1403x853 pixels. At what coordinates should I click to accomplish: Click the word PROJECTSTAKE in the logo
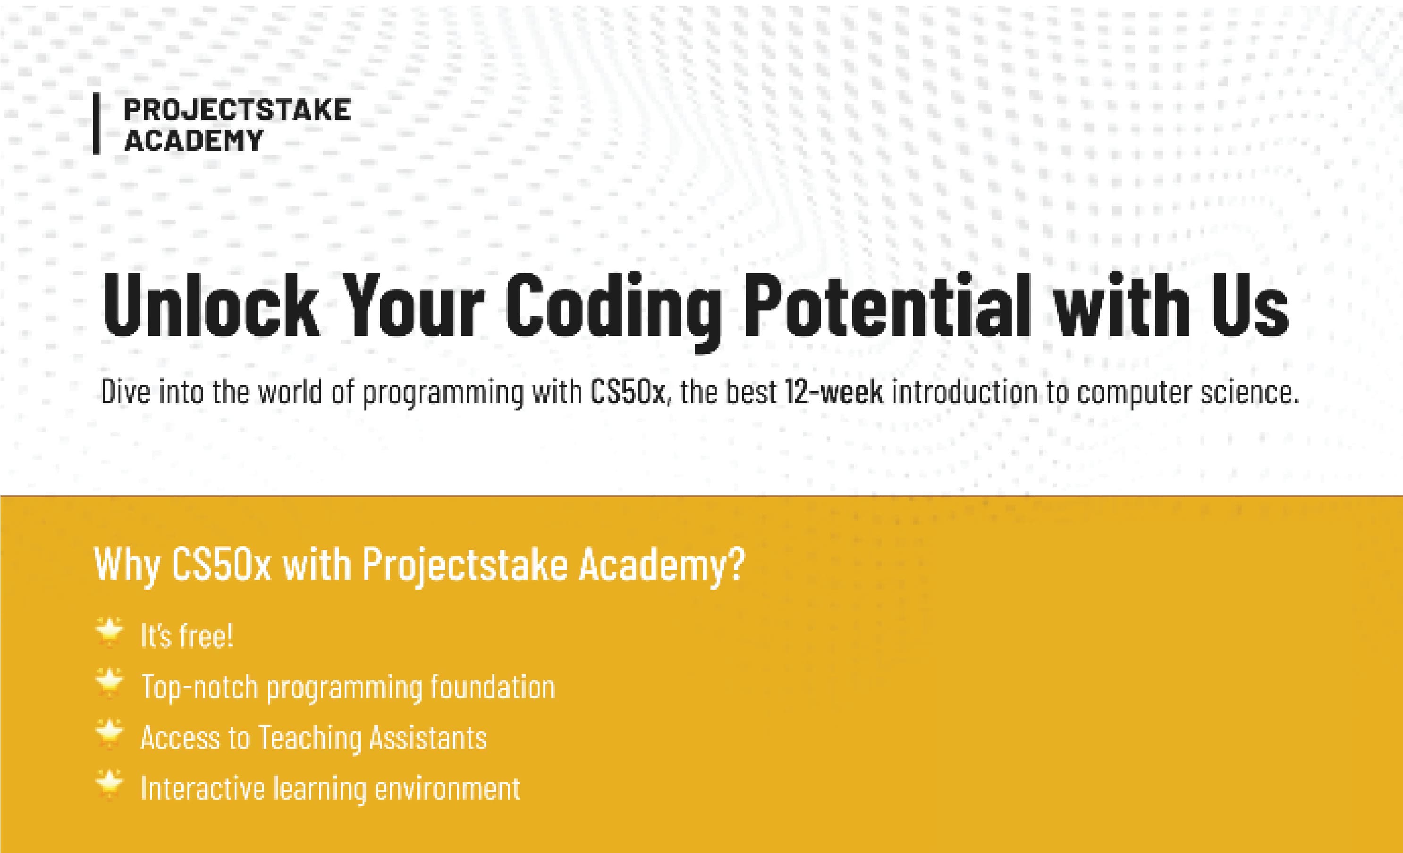pos(237,110)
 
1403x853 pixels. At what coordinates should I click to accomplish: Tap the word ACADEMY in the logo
pos(194,140)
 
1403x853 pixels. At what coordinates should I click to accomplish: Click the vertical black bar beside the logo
pos(97,124)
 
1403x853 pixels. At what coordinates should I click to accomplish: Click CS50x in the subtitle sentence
pos(627,392)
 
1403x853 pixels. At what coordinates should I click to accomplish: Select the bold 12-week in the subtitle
pos(834,392)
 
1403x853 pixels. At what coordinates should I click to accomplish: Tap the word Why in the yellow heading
pos(127,566)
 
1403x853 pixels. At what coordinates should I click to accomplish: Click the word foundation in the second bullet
pos(492,686)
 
